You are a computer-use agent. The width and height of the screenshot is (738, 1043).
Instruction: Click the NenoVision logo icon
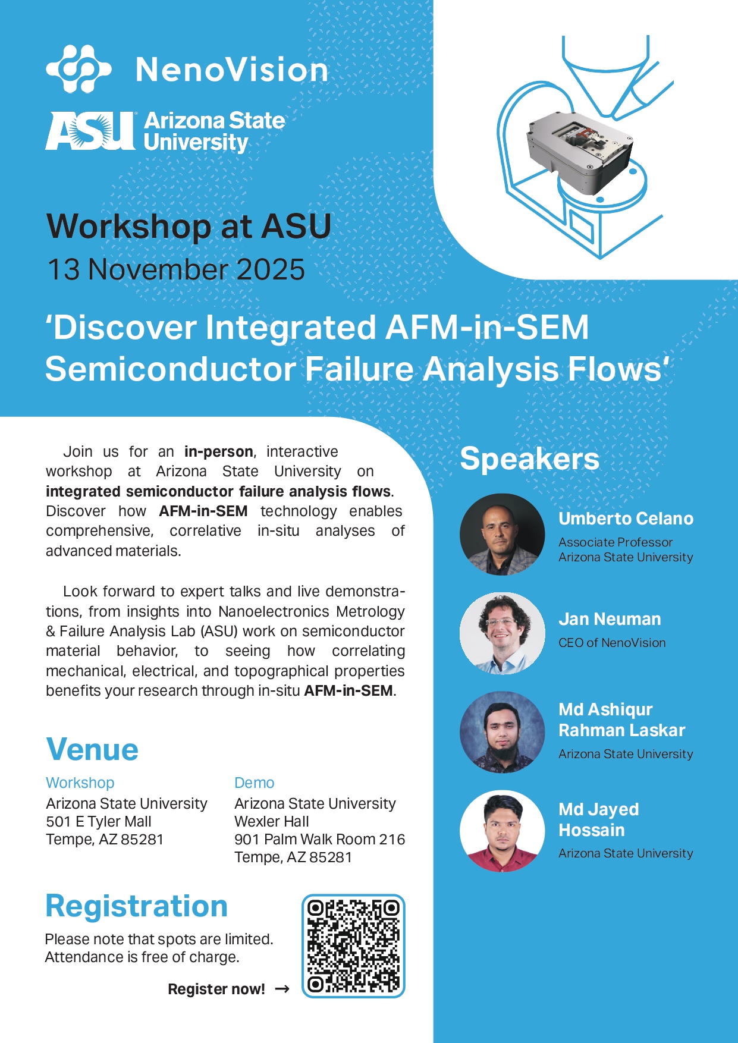78,69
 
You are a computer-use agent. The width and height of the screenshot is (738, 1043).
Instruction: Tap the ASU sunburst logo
91,131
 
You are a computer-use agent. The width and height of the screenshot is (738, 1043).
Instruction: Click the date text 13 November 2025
176,269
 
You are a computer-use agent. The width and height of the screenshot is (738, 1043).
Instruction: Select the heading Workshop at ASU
189,227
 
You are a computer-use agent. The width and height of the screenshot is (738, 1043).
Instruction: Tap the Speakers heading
529,459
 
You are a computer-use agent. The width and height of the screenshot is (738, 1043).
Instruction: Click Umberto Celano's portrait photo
503,534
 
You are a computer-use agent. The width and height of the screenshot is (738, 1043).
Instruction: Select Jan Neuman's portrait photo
503,633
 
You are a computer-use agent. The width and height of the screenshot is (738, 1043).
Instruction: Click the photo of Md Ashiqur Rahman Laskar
503,732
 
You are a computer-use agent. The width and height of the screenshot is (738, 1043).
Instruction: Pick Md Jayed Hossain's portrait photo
503,831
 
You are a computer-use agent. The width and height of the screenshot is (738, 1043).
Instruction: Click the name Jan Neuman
610,619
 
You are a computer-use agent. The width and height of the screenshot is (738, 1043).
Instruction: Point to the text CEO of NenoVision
612,643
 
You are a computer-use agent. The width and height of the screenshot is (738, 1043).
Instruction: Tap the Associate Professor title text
615,542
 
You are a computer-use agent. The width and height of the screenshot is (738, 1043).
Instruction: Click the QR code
353,946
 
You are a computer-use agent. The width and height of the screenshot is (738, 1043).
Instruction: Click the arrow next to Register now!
282,989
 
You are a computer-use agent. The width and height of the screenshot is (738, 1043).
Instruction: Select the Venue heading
92,749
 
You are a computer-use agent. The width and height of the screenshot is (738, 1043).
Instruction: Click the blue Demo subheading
254,783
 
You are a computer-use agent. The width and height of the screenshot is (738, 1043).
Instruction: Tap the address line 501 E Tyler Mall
99,822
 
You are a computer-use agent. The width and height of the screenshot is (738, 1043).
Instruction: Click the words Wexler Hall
272,822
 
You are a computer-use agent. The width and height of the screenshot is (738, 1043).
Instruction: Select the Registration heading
137,906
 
